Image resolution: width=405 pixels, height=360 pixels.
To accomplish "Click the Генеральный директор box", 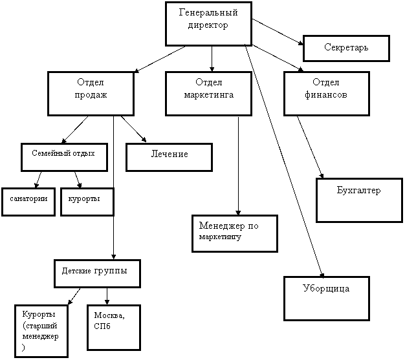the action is click(208, 24).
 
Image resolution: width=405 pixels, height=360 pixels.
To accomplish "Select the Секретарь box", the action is click(346, 48).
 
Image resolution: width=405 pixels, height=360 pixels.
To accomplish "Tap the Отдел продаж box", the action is click(91, 94).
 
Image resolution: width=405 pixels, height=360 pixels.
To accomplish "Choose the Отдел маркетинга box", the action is click(208, 94).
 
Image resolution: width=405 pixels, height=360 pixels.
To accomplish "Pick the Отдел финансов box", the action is click(327, 94).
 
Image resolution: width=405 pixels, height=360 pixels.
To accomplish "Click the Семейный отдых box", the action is click(64, 158).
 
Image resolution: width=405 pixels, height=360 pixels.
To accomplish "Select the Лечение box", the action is click(169, 158).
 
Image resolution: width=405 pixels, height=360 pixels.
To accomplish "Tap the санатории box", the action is click(28, 202).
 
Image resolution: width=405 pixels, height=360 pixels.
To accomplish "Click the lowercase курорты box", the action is click(87, 202).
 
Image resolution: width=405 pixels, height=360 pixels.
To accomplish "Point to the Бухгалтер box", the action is click(359, 200).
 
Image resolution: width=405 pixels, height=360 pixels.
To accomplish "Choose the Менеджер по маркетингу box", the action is click(235, 233).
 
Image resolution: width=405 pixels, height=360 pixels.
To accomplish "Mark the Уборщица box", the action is click(327, 299).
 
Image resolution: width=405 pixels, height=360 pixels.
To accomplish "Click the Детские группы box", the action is click(98, 273).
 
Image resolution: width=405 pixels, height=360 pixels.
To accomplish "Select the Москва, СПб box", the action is click(114, 328).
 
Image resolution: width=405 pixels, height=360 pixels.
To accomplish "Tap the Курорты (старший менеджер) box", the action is click(41, 332).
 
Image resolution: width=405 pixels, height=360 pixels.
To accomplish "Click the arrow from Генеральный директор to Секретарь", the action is click(278, 32).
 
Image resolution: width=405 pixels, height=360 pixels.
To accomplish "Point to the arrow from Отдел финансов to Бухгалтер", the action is click(310, 147).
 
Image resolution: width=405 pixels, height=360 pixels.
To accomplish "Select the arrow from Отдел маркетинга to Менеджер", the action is click(238, 166).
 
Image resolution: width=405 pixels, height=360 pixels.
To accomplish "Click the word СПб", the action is click(102, 326).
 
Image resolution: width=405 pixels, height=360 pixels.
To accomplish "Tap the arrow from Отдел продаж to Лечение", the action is click(133, 129).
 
